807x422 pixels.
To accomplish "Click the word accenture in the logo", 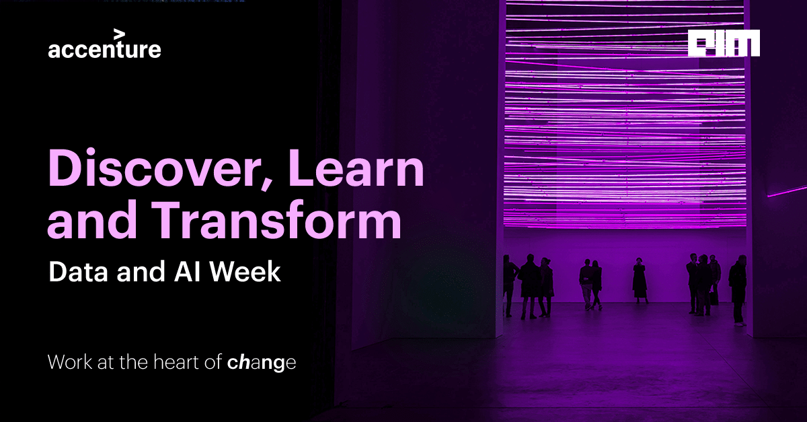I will tap(104, 50).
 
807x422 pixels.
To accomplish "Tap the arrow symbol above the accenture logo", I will tap(120, 33).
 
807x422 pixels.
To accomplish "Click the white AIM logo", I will tap(724, 43).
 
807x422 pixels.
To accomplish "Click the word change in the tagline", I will tap(261, 363).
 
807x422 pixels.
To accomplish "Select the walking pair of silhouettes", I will tap(590, 284).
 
